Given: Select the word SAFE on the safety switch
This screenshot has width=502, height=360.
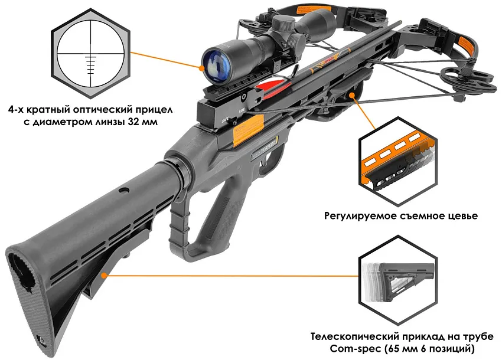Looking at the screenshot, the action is [225, 119].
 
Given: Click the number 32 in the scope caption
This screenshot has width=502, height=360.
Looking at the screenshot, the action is [134, 122].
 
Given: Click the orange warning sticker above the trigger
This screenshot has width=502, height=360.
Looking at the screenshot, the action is [249, 130].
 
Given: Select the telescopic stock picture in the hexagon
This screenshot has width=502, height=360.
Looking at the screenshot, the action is [397, 282].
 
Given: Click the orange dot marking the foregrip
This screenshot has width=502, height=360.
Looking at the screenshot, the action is [352, 94].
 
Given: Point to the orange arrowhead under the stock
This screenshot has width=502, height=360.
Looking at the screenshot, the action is [103, 275].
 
